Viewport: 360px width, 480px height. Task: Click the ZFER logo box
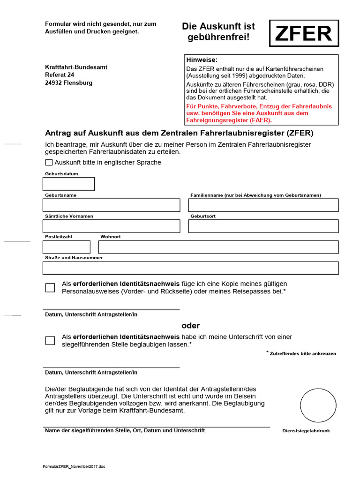pyautogui.click(x=304, y=33)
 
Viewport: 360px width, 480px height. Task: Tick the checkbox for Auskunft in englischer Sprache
pyautogui.click(x=49, y=163)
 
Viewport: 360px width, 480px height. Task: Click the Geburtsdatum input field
pyautogui.click(x=68, y=184)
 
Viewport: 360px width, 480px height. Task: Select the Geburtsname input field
pyautogui.click(x=111, y=205)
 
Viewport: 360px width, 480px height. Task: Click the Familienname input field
pyautogui.click(x=263, y=205)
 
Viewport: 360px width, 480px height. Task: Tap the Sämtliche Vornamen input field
pyautogui.click(x=111, y=226)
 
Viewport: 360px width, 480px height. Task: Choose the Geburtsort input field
pyautogui.click(x=263, y=226)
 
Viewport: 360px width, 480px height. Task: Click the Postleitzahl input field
pyautogui.click(x=67, y=247)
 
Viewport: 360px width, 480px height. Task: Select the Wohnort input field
pyautogui.click(x=218, y=247)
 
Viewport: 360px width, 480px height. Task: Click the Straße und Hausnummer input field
pyautogui.click(x=190, y=268)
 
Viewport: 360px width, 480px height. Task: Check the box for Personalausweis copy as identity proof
pyautogui.click(x=50, y=288)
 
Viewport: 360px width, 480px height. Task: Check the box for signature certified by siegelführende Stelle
pyautogui.click(x=50, y=341)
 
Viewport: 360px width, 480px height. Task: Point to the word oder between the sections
pyautogui.click(x=191, y=326)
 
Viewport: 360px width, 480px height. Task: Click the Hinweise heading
pyautogui.click(x=202, y=60)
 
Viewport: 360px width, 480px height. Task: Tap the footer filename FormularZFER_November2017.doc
pyautogui.click(x=74, y=467)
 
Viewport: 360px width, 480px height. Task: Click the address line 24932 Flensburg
pyautogui.click(x=68, y=83)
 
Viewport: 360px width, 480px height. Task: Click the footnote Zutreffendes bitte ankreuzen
pyautogui.click(x=302, y=353)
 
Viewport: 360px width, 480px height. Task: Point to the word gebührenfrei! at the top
pyautogui.click(x=219, y=37)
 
